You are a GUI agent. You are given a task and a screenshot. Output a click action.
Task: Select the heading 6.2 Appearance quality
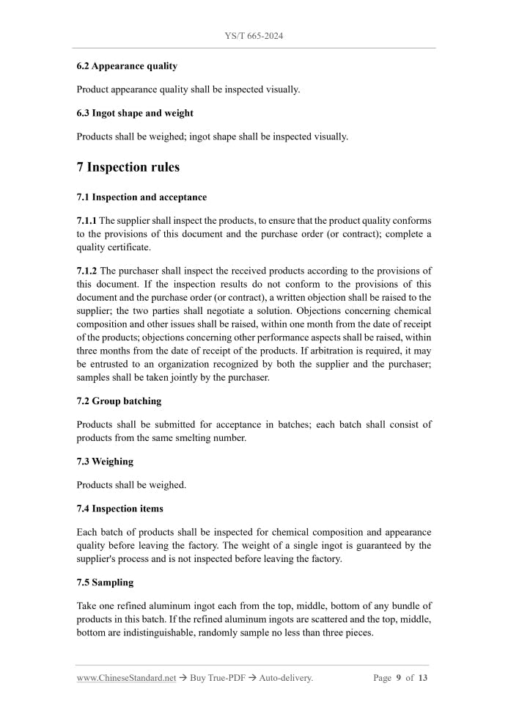pos(127,66)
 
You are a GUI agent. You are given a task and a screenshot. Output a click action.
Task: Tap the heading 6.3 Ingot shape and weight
pos(135,113)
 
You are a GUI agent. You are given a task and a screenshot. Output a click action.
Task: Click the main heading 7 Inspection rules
pos(128,167)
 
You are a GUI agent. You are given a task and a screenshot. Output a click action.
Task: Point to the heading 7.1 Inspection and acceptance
pos(141,197)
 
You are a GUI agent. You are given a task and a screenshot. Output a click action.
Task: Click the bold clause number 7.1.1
pos(86,220)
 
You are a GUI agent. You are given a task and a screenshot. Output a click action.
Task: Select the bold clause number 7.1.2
pos(86,271)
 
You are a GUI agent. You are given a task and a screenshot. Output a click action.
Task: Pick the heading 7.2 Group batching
pos(119,401)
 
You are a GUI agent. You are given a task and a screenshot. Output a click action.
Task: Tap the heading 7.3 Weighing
pos(105,461)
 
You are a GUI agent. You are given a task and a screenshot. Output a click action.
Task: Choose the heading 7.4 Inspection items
pos(119,508)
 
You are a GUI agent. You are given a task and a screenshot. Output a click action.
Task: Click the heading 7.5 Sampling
pos(105,582)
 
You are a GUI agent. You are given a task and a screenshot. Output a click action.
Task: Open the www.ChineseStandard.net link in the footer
pos(126,678)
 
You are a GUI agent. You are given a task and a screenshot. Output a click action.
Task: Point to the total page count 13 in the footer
pos(422,678)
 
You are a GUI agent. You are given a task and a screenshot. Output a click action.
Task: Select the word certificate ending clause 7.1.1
pos(123,247)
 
